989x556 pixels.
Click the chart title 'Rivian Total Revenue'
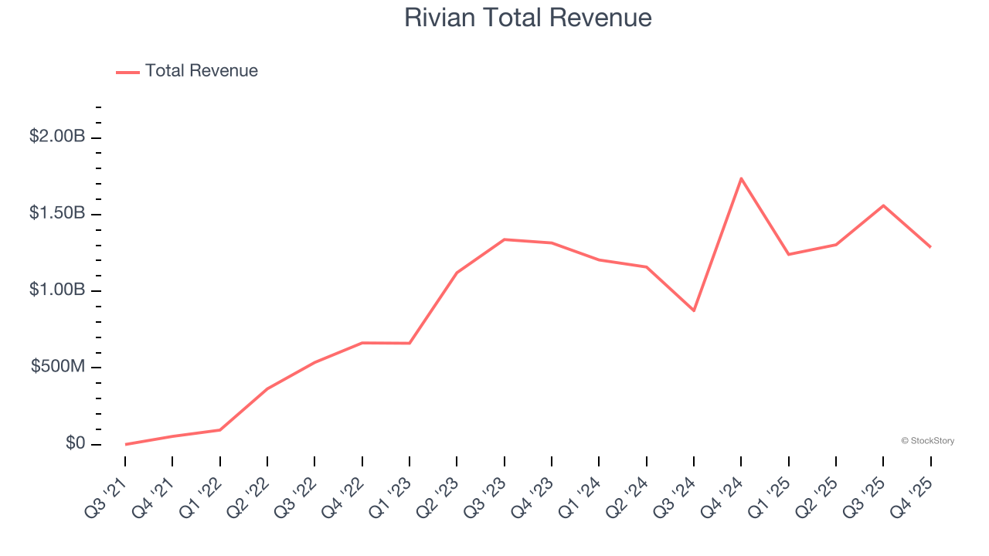click(528, 18)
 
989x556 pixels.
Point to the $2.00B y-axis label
click(57, 137)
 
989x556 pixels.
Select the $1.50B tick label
click(57, 213)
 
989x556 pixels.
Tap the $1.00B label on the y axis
click(57, 290)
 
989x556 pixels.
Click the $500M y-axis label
click(58, 366)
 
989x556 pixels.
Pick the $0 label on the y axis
click(75, 443)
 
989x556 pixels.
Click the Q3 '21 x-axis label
click(108, 489)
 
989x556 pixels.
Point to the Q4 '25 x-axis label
click(913, 489)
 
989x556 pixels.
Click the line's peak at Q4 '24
click(741, 178)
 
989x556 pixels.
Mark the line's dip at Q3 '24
click(694, 310)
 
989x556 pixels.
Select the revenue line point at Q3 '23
click(505, 239)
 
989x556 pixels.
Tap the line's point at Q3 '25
click(883, 205)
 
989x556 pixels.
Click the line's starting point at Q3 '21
click(125, 444)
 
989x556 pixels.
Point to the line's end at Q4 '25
click(930, 247)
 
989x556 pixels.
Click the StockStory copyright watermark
click(927, 441)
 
